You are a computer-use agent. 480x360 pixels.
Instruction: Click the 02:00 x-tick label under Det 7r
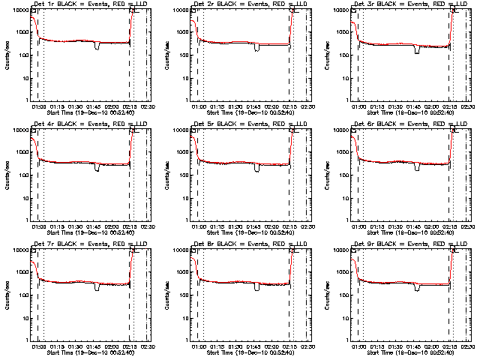pos(112,346)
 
